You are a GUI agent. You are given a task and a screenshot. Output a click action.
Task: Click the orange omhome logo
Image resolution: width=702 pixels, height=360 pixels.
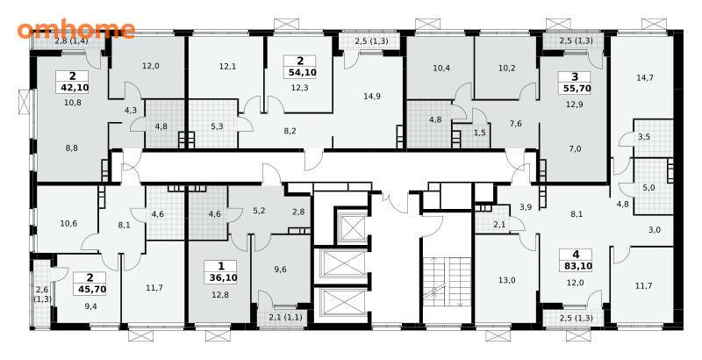76,30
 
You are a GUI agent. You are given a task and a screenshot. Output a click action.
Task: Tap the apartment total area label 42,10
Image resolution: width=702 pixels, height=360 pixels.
72,87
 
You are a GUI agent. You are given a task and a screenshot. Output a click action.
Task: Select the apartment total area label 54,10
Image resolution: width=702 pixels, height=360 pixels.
300,72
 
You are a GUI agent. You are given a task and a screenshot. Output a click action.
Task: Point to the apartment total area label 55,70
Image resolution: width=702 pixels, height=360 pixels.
575,89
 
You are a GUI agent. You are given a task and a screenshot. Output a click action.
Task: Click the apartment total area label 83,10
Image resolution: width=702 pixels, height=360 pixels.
576,266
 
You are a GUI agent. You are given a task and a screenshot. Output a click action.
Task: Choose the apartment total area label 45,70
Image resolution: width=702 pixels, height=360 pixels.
91,289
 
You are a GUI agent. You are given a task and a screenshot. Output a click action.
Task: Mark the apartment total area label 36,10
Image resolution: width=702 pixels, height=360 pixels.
223,277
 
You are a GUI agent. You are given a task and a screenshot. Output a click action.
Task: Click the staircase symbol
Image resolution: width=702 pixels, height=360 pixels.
446,283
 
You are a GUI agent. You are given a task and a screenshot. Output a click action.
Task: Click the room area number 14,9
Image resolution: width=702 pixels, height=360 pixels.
372,96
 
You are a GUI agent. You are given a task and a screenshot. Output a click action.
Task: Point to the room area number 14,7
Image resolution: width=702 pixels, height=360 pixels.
645,77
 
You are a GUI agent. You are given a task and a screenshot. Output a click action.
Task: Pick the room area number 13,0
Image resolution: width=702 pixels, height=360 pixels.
507,280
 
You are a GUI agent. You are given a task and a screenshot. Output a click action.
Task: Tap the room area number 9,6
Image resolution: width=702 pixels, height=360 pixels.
280,269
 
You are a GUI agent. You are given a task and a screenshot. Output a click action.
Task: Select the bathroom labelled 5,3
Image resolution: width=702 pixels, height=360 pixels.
217,126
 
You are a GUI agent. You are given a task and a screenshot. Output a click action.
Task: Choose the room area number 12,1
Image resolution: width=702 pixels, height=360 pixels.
227,67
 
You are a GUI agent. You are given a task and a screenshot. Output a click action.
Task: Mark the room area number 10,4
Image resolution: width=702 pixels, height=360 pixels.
441,68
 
